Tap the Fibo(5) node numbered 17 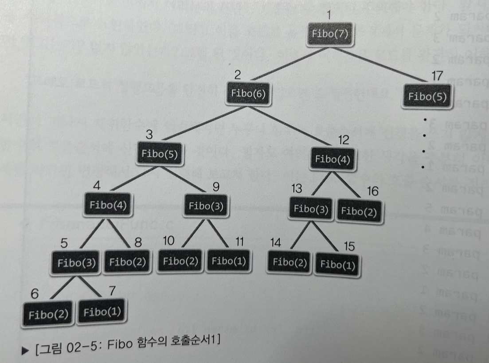click(x=427, y=97)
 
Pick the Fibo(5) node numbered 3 click(x=160, y=153)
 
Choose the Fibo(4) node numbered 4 click(x=108, y=205)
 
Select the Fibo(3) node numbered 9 click(x=206, y=206)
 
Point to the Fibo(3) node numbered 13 click(x=310, y=209)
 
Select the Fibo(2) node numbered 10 click(x=180, y=260)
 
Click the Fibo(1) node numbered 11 click(x=229, y=260)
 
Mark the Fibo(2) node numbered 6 click(x=48, y=314)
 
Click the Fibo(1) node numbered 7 click(x=102, y=312)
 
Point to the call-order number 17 click(x=437, y=76)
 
